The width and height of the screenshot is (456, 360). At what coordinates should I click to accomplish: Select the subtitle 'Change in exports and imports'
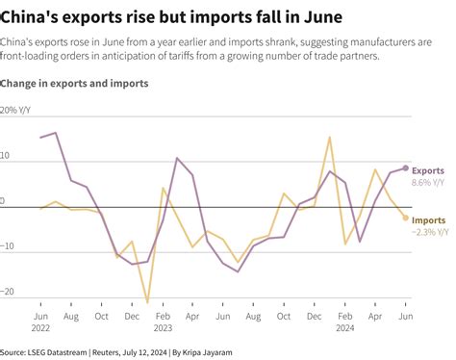(x=74, y=84)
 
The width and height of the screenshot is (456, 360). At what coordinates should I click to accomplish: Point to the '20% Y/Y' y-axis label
(x=20, y=111)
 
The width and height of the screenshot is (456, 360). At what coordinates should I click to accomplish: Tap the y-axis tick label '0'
(x=4, y=202)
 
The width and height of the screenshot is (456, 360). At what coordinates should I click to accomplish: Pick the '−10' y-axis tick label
(x=9, y=247)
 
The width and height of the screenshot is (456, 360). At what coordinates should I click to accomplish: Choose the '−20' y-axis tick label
(x=9, y=293)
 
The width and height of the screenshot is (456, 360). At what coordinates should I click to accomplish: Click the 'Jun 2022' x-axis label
(x=40, y=322)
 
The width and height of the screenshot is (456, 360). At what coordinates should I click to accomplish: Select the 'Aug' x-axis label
(x=71, y=316)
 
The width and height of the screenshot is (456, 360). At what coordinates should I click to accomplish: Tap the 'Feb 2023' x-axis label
(x=163, y=322)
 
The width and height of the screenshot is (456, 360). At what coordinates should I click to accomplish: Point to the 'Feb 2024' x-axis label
(x=345, y=322)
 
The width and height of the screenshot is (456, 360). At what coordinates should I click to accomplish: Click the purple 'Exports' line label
(x=428, y=170)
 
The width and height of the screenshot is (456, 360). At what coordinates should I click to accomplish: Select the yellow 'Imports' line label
(x=429, y=220)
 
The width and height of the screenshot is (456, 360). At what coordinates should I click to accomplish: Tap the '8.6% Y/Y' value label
(x=428, y=182)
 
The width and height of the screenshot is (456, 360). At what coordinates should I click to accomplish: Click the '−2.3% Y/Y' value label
(x=430, y=232)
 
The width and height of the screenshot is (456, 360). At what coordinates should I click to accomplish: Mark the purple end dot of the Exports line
(x=406, y=168)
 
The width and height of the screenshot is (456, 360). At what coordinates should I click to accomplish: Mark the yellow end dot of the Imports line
(x=406, y=218)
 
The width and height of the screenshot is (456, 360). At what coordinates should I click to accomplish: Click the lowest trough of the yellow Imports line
(x=148, y=302)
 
